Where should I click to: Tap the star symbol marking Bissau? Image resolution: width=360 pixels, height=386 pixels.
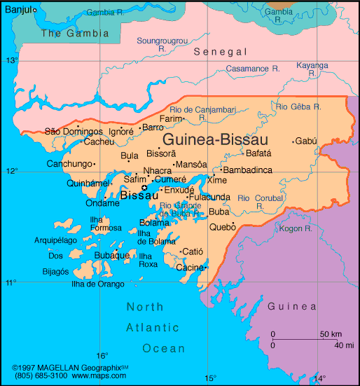(145, 187)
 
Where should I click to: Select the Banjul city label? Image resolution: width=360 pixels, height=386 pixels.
(17, 8)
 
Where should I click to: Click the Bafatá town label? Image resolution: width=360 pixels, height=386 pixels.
(259, 153)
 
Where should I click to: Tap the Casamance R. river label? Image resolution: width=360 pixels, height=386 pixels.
(253, 68)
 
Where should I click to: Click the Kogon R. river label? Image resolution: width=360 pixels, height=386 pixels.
(295, 228)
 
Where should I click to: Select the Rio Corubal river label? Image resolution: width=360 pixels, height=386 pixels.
(259, 198)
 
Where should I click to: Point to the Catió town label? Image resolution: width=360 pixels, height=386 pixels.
(192, 251)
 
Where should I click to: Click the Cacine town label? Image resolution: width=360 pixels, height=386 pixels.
(189, 268)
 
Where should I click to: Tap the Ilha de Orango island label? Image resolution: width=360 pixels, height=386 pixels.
(98, 284)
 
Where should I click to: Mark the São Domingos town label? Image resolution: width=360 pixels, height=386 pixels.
(73, 131)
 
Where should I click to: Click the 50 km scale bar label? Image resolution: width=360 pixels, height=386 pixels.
(331, 334)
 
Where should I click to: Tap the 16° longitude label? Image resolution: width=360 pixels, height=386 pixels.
(102, 355)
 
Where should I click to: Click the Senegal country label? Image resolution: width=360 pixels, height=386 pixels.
(221, 52)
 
